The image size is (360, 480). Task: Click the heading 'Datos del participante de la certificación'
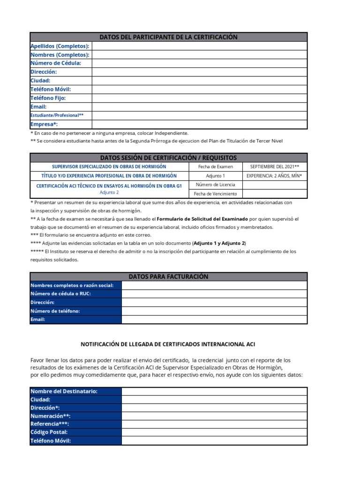[x=169, y=37]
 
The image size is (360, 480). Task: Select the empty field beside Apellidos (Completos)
[x=199, y=46]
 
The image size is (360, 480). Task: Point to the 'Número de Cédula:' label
[x=56, y=63]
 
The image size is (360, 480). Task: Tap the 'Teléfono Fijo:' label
[x=48, y=98]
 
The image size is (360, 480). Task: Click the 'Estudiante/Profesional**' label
[x=57, y=115]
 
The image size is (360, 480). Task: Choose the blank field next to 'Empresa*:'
[x=199, y=124]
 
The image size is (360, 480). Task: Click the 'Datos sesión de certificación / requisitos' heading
[x=169, y=157]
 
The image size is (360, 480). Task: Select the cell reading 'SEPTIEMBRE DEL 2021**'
[x=275, y=167]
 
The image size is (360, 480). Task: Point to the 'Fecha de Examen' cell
[x=216, y=167]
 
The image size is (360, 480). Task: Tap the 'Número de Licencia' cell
[x=216, y=185]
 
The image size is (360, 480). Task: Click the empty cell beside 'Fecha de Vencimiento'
[x=275, y=194]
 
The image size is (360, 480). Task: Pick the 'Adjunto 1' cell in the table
[x=216, y=176]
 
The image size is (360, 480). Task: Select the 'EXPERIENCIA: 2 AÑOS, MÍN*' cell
[x=275, y=176]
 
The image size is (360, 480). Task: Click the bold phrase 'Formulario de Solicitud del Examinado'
[x=202, y=219]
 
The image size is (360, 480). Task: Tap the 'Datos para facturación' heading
[x=169, y=277]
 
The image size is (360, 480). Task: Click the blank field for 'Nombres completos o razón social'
[x=214, y=285]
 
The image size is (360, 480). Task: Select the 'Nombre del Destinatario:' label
[x=64, y=391]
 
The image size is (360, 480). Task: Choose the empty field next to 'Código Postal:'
[x=214, y=432]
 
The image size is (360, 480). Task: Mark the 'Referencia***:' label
[x=50, y=424]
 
